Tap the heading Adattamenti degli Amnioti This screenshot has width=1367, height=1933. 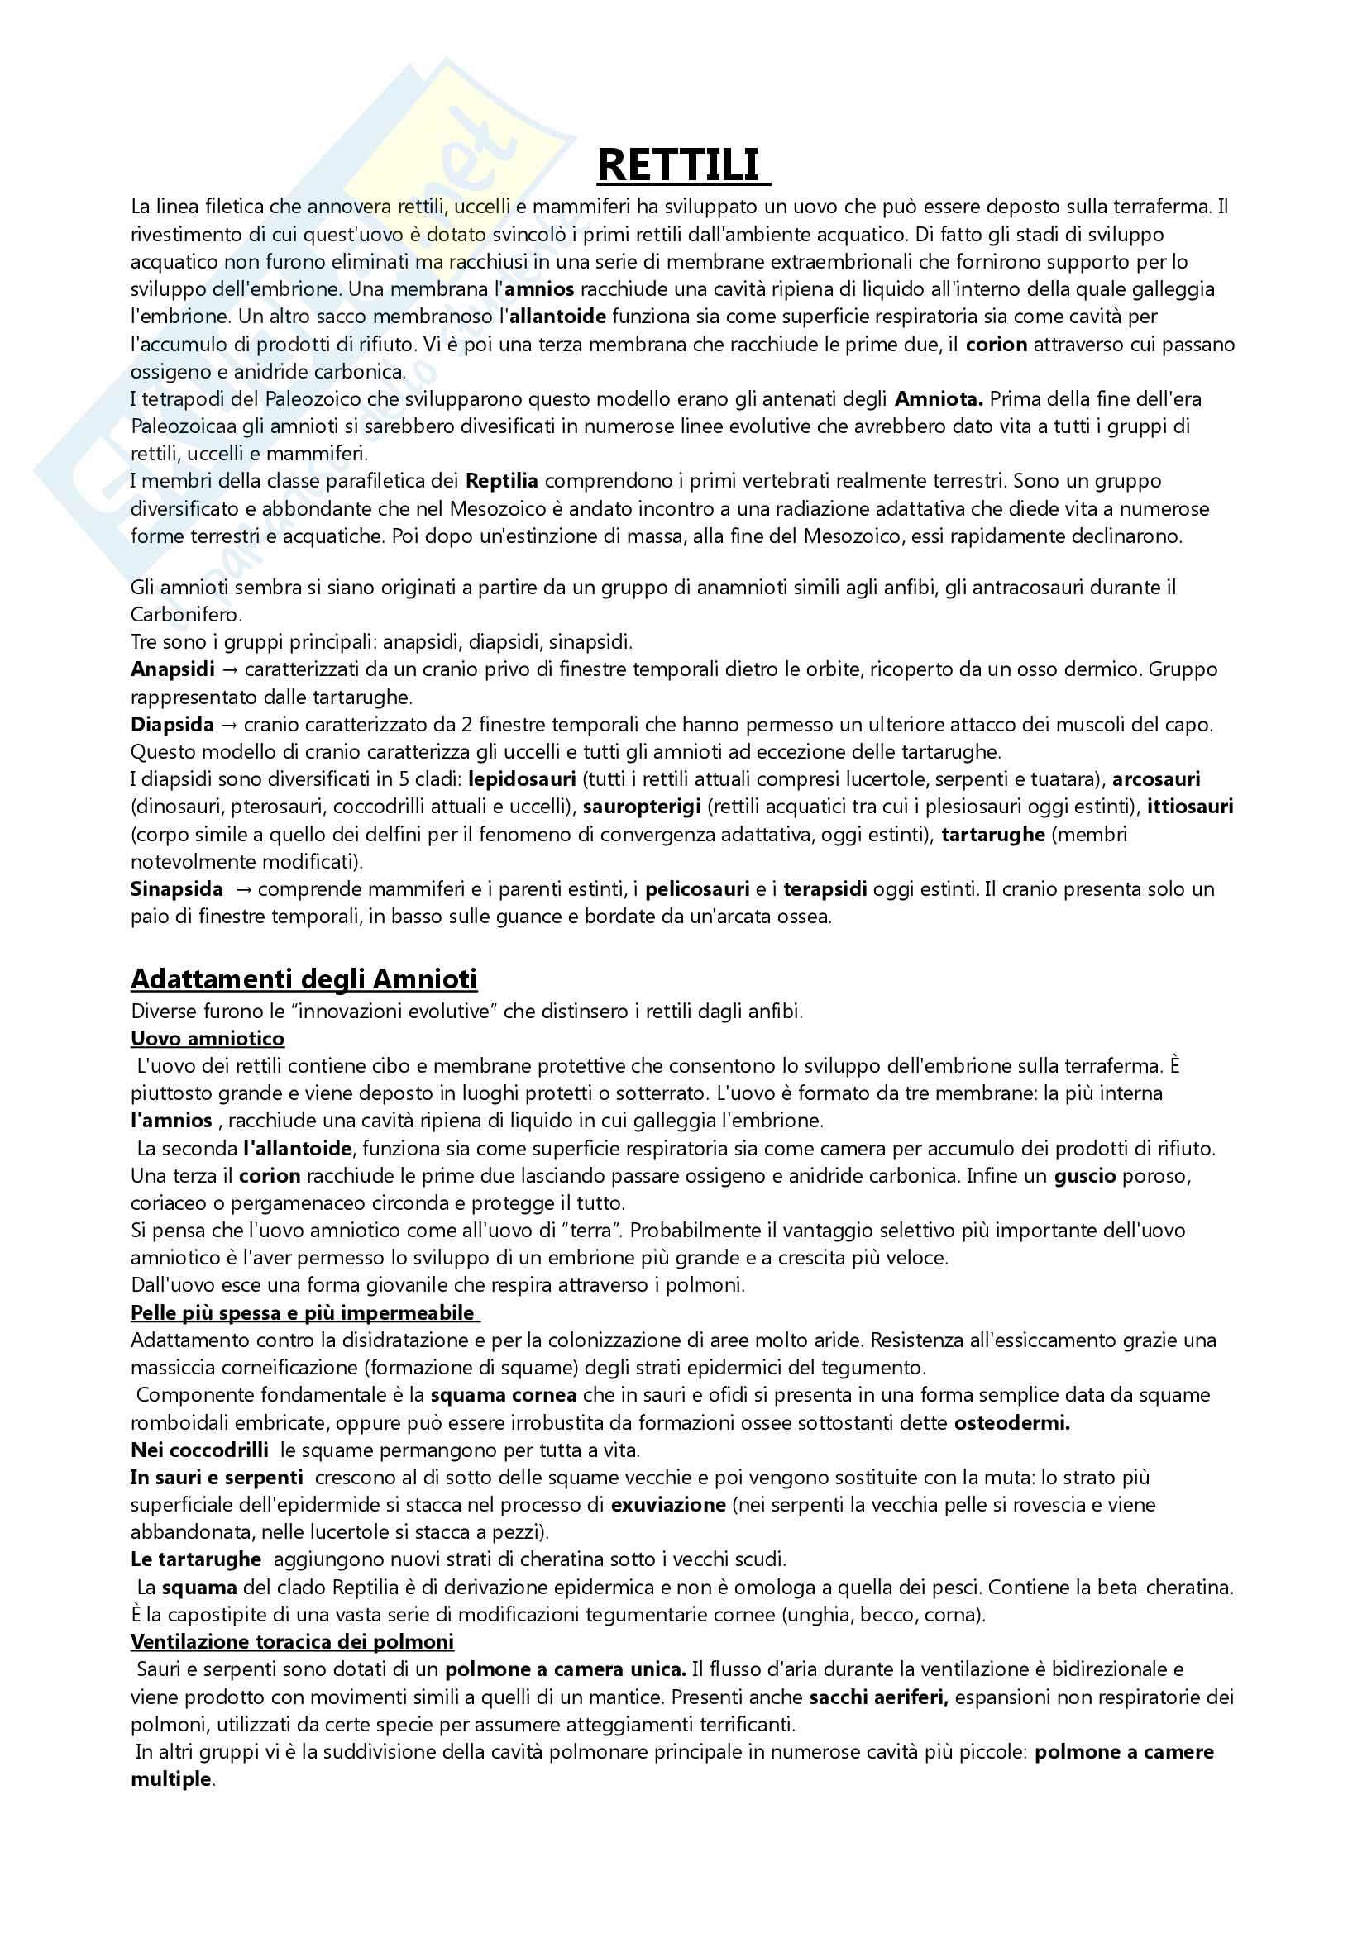304,979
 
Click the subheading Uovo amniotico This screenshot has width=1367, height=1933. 208,1038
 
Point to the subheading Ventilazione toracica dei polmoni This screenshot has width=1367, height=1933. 291,1642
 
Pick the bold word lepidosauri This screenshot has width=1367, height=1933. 522,779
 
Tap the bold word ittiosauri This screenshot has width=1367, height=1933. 1190,807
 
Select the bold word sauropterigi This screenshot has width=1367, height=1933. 642,807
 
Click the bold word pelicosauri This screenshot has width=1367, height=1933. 697,890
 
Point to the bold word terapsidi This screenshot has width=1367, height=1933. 825,890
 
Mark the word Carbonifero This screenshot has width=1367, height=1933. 185,615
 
